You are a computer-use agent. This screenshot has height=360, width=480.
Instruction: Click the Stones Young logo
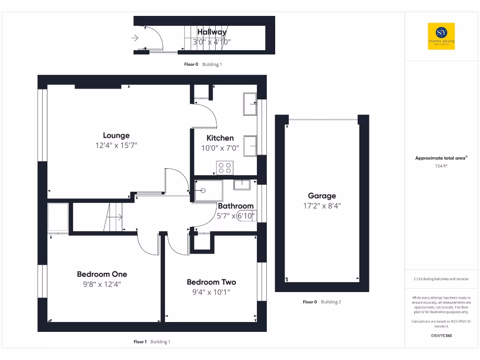pos(441,36)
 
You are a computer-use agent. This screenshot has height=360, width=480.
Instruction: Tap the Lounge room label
pos(116,135)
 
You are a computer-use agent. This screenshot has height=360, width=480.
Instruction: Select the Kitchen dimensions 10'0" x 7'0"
pos(220,148)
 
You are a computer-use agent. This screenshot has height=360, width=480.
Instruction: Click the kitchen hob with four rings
pos(225,168)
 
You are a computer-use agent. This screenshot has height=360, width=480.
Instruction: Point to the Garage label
pos(322,196)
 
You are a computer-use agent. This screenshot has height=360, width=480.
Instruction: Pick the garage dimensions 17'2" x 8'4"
pos(322,205)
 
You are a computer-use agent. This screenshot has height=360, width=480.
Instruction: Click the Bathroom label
pos(236,206)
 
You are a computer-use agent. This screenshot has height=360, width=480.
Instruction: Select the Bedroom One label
pos(102,274)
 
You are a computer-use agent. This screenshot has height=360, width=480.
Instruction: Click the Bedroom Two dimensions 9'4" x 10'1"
pos(211,292)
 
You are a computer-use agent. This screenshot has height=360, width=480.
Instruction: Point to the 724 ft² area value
pos(441,166)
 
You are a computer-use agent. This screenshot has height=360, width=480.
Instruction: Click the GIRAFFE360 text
pos(441,336)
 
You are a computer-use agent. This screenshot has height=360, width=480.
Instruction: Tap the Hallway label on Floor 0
pos(212,32)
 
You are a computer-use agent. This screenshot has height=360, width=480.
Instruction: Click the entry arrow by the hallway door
pos(135,38)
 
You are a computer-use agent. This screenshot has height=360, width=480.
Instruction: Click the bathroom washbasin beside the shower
pos(242,184)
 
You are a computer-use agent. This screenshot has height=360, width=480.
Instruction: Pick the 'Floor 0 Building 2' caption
pos(322,302)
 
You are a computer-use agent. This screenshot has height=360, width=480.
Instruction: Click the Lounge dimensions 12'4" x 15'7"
pos(116,146)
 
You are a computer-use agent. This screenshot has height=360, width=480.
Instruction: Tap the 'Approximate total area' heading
pos(441,158)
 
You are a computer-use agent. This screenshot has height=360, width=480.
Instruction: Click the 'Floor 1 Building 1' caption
pos(152,342)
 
